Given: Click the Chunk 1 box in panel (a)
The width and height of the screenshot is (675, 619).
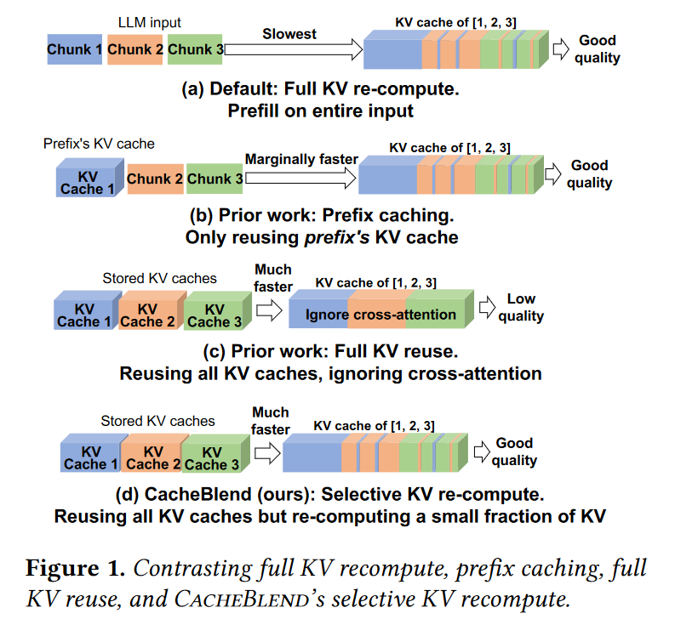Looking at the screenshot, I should click(75, 50).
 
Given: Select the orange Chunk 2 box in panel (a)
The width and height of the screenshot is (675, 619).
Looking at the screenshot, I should click(136, 50).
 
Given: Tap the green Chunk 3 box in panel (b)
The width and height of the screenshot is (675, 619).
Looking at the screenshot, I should click(215, 179).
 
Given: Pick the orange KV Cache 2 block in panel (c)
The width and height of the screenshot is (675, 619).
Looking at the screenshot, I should click(146, 315).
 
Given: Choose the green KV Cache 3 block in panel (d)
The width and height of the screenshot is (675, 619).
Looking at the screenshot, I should click(206, 457).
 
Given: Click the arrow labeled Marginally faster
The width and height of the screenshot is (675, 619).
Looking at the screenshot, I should click(300, 178).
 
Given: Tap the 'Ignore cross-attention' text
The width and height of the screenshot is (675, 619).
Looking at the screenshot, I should click(380, 315).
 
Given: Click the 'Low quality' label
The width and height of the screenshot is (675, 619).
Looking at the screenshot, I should click(521, 307).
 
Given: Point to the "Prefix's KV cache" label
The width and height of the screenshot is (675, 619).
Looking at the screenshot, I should click(99, 144).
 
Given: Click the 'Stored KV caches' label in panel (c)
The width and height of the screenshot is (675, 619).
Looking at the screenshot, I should click(159, 277).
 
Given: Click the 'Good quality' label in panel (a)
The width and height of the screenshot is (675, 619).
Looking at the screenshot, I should click(598, 48).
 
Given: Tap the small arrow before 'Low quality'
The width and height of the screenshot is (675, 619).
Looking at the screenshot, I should click(486, 307).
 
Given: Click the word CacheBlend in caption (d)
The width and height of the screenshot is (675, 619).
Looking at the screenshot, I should click(186, 494).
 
